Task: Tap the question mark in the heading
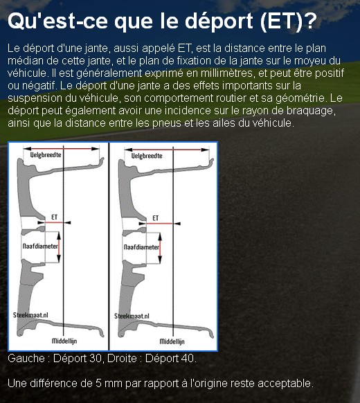[311, 20]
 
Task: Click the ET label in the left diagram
[54, 217]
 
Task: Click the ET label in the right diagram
[156, 218]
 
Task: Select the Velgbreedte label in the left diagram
[46, 154]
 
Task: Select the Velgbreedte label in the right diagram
[147, 156]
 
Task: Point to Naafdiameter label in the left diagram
[40, 247]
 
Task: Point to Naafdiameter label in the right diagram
[142, 247]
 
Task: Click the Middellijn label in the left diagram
[64, 341]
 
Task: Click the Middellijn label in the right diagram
[172, 341]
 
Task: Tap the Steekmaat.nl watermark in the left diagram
[30, 315]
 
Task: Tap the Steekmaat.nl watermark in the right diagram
[132, 316]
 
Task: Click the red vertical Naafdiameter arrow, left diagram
[59, 247]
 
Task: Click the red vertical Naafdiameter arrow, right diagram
[160, 249]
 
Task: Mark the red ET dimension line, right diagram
[159, 224]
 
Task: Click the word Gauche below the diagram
[26, 358]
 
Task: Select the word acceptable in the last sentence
[285, 384]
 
